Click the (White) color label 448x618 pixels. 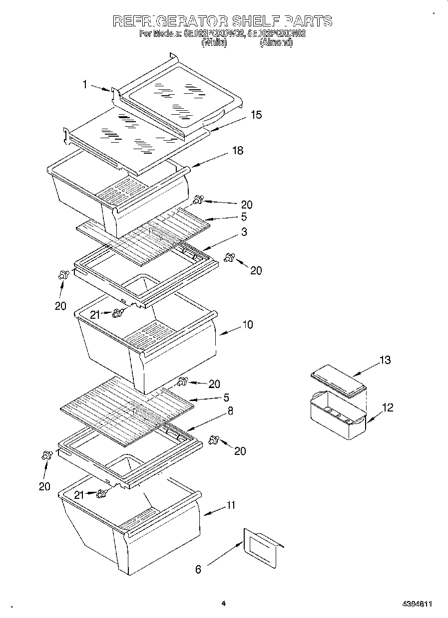[214, 43]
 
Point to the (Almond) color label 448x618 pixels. [276, 43]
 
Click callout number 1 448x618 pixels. [85, 85]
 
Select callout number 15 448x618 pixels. [256, 115]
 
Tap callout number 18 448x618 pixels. [238, 150]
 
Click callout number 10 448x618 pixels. [248, 325]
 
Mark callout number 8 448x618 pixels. [230, 411]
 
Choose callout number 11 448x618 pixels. [230, 505]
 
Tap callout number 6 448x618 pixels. [198, 569]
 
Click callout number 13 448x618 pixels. [385, 360]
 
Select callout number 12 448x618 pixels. [388, 408]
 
